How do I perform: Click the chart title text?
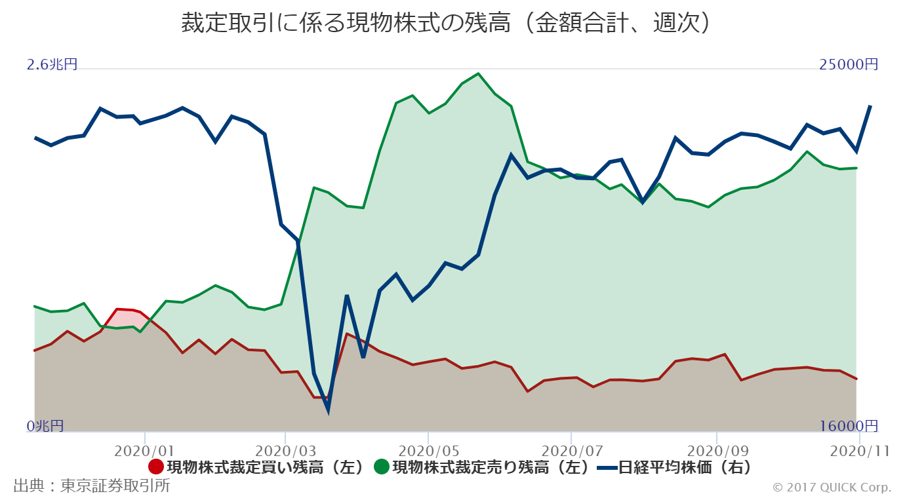coord(446,24)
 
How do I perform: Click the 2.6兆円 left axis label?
coord(52,64)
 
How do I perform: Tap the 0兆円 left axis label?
coord(45,426)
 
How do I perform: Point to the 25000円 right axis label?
coord(849,64)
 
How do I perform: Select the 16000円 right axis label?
coord(849,426)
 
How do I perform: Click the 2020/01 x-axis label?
coord(144,451)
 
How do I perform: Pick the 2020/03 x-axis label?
coord(285,451)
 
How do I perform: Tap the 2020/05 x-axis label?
coord(428,451)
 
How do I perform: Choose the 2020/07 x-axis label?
coord(571,451)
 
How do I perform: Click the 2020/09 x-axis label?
coord(716,451)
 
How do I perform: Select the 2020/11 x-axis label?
coord(859,451)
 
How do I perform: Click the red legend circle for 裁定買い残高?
coord(156,467)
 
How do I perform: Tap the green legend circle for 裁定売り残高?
coord(382,467)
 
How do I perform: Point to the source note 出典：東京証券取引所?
coord(92,486)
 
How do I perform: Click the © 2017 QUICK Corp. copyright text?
coord(832,487)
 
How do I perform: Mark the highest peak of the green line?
coord(478,74)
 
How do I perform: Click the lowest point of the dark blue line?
coord(328,410)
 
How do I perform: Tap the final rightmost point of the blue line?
coord(870,106)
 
